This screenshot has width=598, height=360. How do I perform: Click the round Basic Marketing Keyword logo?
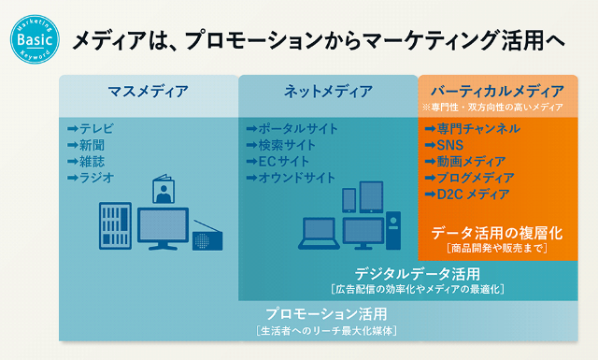(35, 38)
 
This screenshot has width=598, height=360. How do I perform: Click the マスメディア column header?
(148, 92)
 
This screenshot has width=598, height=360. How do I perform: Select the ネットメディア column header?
(327, 92)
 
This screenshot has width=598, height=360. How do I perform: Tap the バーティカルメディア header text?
(497, 91)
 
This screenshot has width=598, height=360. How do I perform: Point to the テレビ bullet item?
(91, 129)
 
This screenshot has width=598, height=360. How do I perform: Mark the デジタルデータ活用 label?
(417, 273)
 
